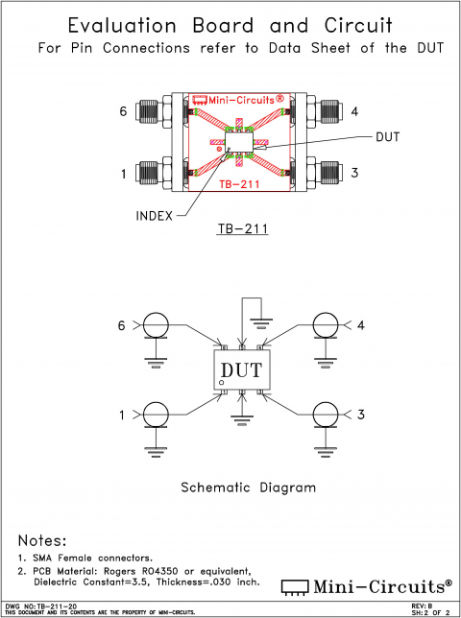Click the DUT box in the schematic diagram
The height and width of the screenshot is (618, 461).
coord(240,369)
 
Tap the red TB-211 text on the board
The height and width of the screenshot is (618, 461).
coord(238,182)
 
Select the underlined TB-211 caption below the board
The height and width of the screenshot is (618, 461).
coord(238,230)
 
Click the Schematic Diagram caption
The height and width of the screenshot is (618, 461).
coord(248,487)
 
